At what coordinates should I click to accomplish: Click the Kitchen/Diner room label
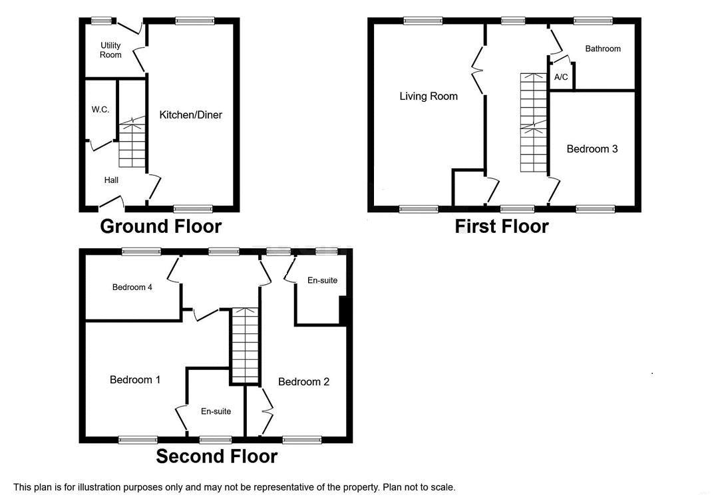pos(190,114)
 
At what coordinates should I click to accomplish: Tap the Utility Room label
pos(110,50)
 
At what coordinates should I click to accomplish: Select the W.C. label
pos(100,109)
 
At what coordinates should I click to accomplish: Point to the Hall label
pos(111,180)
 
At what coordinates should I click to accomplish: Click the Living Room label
pos(429,96)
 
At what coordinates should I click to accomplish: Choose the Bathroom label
pos(602,49)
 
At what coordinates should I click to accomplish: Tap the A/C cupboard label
pos(561,77)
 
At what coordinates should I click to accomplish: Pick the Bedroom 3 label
pos(592,148)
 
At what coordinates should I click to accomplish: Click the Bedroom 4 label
pos(132,287)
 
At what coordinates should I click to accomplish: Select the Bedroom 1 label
pos(135,379)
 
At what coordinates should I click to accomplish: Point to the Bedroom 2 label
pos(303,382)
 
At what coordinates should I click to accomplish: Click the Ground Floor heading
pos(161,226)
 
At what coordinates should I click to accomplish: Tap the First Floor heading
pos(502,226)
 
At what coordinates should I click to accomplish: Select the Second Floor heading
pos(217,456)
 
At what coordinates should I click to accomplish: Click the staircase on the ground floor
pos(132,142)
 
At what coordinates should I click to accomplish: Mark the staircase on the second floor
pos(245,345)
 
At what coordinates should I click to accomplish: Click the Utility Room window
pos(102,20)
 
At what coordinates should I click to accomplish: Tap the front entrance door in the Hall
pos(112,202)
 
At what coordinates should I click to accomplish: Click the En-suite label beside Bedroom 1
pos(216,411)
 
